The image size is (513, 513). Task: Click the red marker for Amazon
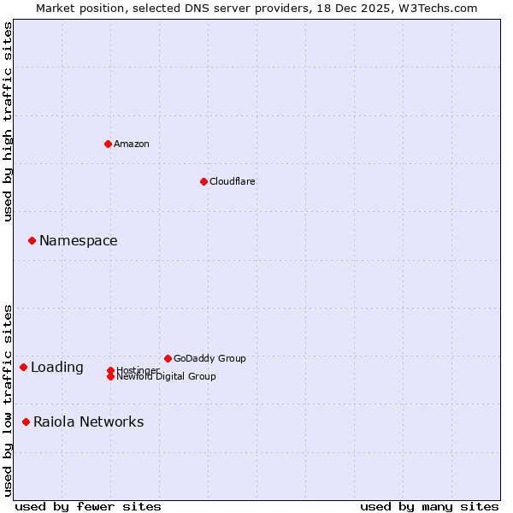coord(108,144)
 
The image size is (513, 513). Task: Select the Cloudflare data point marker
coord(203,181)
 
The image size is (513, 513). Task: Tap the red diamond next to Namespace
coord(32,240)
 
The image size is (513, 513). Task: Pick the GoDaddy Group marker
coord(168,358)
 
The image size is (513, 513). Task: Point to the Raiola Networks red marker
coord(26,422)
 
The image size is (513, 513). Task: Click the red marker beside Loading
coord(23,367)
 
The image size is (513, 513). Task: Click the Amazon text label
coord(132,144)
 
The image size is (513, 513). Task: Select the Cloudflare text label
coord(233,181)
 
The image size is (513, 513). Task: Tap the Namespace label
coord(79,240)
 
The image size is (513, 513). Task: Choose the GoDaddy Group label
coord(209,358)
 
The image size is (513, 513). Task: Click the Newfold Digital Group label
coord(166,376)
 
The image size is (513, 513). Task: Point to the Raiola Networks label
coord(89,422)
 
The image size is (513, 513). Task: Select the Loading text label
coord(57,367)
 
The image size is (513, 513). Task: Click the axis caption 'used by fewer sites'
coord(88,506)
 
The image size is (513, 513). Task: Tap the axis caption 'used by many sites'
coord(429,506)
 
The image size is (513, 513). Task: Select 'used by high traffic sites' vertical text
coord(9,121)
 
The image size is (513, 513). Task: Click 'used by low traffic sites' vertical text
coord(9,399)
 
